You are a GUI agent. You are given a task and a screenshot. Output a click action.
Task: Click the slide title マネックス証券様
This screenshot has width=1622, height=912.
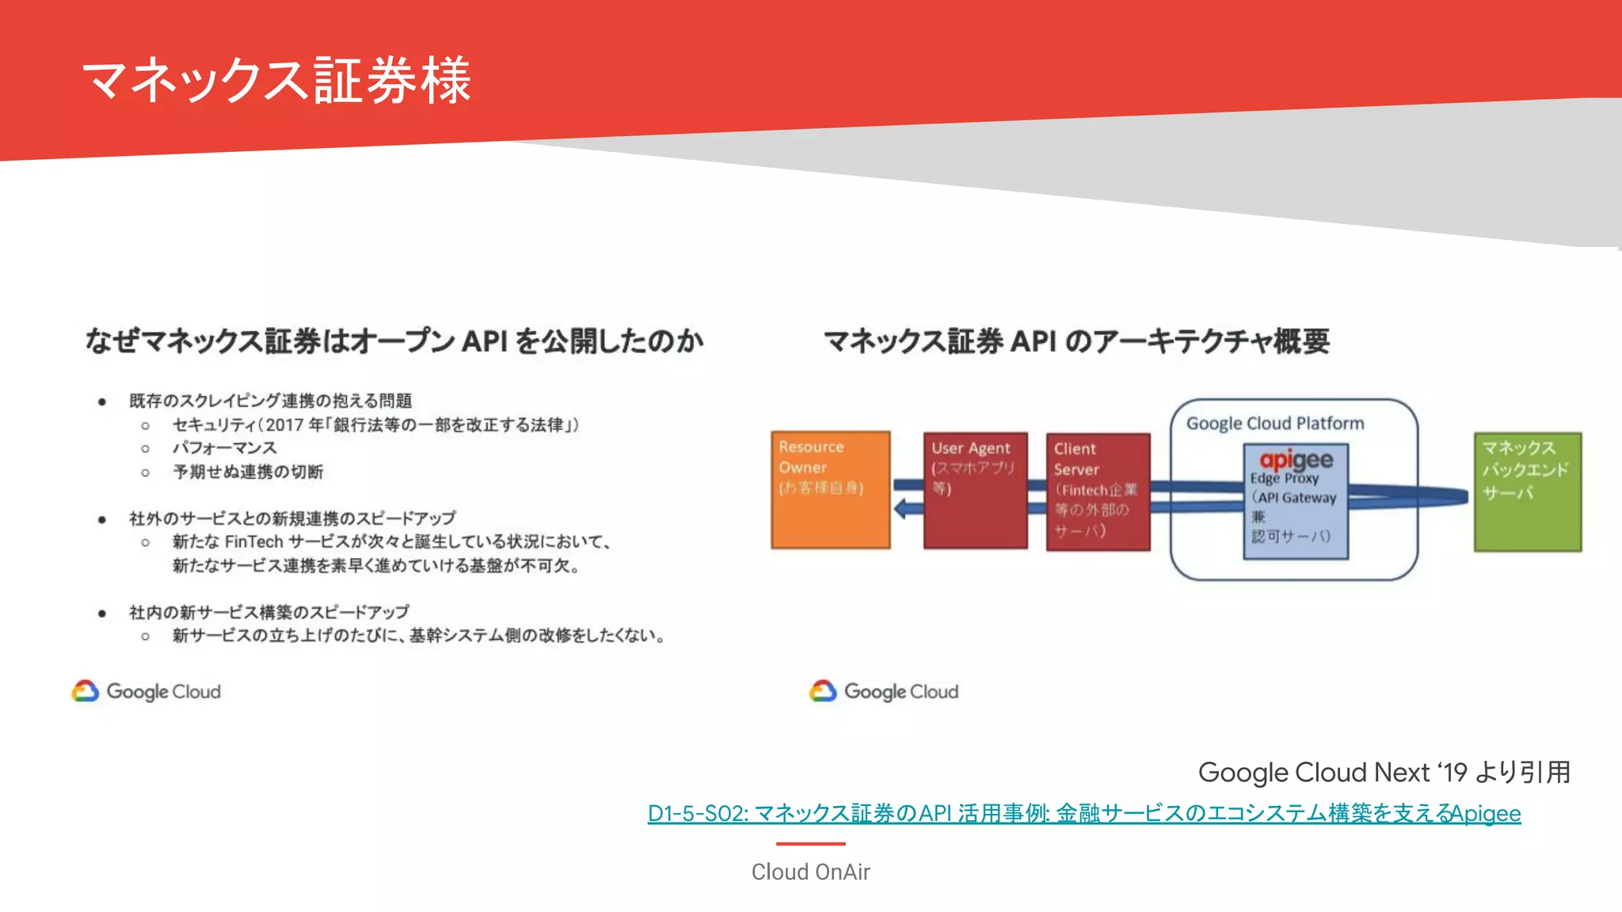(x=277, y=81)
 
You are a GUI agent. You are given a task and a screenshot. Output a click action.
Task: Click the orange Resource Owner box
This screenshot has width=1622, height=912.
(x=830, y=490)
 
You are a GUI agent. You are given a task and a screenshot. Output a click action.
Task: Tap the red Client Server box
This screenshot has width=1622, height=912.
(x=1098, y=492)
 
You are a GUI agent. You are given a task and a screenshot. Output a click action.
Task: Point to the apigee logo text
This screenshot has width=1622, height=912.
(x=1296, y=459)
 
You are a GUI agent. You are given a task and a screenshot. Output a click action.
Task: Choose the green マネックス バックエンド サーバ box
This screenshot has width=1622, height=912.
(x=1527, y=492)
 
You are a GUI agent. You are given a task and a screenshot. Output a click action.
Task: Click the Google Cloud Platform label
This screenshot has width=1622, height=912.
(x=1275, y=424)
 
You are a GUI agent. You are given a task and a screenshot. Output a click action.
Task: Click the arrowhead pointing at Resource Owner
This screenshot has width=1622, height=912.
(x=900, y=508)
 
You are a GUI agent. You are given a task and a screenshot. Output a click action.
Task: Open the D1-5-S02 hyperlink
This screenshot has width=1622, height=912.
(x=1083, y=813)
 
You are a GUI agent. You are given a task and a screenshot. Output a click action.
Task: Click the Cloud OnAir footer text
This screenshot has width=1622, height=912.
(x=810, y=872)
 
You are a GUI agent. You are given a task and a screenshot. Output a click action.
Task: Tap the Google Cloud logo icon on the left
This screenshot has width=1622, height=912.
(x=86, y=691)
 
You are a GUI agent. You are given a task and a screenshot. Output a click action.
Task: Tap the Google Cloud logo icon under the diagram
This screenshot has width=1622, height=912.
(x=823, y=691)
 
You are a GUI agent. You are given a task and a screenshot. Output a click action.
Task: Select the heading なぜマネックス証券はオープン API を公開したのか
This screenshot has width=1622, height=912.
(x=394, y=341)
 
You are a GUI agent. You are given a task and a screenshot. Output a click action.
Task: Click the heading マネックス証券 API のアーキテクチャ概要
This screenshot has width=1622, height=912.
(x=1076, y=341)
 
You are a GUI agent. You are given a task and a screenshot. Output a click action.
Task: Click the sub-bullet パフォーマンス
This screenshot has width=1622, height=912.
(x=225, y=448)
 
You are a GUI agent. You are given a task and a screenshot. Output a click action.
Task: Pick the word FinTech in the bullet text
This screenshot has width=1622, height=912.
(x=253, y=542)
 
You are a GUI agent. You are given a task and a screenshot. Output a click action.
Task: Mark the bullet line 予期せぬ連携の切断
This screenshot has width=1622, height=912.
(x=248, y=472)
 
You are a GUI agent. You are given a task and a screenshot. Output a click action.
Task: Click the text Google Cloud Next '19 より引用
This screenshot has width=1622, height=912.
(x=1384, y=772)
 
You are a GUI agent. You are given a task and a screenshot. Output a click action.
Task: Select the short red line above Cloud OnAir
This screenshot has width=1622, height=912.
(x=810, y=844)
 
